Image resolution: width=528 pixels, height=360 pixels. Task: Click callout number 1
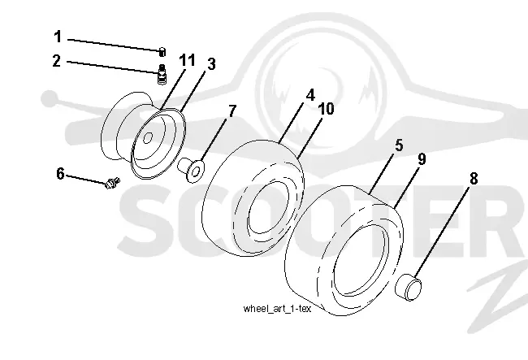pyautogui.click(x=58, y=37)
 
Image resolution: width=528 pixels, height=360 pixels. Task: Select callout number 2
pyautogui.click(x=57, y=61)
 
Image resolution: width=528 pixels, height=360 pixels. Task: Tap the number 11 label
pyautogui.click(x=187, y=60)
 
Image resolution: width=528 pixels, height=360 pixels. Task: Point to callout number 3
pyautogui.click(x=211, y=64)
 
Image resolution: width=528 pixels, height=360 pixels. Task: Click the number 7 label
pyautogui.click(x=232, y=111)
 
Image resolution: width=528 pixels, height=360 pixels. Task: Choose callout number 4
pyautogui.click(x=310, y=95)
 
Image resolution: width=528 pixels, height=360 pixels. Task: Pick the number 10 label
pyautogui.click(x=326, y=109)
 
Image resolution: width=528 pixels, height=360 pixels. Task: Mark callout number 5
pyautogui.click(x=399, y=145)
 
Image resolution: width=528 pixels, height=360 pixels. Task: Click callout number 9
pyautogui.click(x=422, y=159)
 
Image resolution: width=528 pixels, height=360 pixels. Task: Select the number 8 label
pyautogui.click(x=474, y=179)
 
